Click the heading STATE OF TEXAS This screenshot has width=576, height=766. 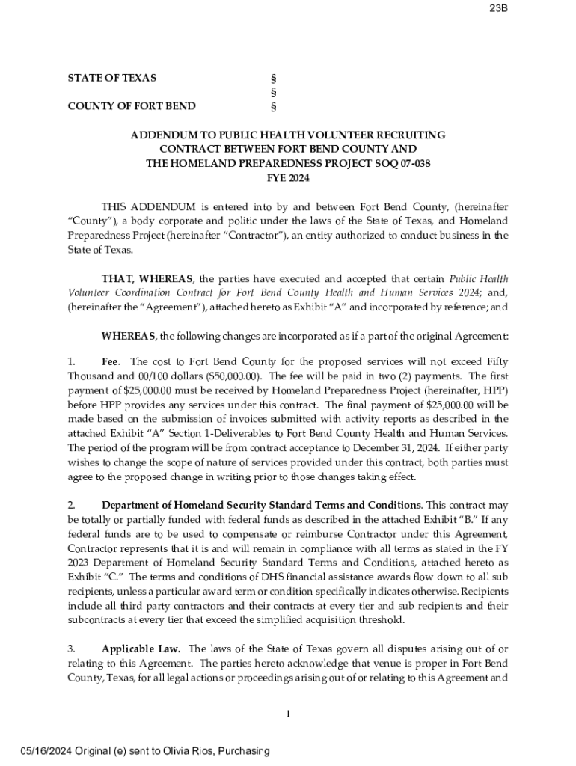coord(112,78)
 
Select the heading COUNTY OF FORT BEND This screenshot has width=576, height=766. coord(132,106)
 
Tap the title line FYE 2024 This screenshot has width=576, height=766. coord(288,178)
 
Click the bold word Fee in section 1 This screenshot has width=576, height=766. coord(111,362)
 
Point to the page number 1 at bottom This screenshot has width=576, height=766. coord(288,714)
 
